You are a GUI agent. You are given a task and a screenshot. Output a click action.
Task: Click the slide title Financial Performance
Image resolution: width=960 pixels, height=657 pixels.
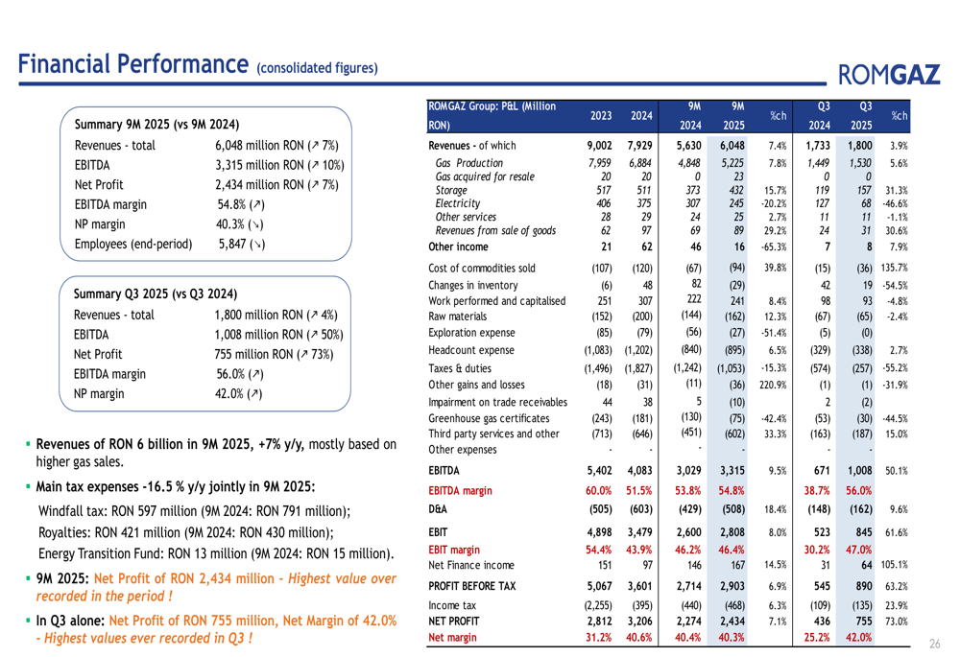[x=132, y=65]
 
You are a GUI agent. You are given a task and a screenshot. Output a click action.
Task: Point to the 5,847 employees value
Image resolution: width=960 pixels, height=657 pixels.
[x=241, y=245]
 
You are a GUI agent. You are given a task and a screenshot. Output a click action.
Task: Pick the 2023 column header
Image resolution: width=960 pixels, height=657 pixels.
[x=601, y=116]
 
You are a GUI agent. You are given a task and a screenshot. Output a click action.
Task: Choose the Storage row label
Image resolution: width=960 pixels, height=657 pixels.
[x=451, y=190]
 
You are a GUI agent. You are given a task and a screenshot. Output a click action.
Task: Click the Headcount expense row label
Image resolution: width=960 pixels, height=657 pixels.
[x=470, y=350]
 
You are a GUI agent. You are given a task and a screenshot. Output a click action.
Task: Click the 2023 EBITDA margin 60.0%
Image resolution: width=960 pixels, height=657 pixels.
[x=600, y=490]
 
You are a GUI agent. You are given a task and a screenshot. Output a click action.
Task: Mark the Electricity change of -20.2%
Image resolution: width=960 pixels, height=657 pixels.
[x=777, y=202]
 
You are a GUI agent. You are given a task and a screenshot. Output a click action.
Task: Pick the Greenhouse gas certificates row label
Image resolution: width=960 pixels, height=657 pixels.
[x=489, y=418]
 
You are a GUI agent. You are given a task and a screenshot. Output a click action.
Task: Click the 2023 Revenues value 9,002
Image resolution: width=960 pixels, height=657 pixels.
[x=599, y=146]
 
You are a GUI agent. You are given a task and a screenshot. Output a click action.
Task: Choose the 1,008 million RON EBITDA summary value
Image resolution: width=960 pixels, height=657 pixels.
[x=278, y=335]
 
